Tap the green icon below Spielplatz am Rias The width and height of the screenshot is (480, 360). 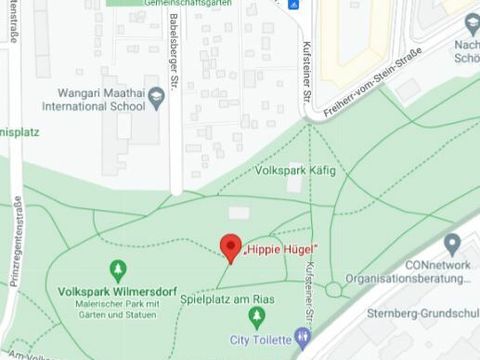click(257, 316)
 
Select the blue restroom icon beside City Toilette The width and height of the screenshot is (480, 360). click(303, 338)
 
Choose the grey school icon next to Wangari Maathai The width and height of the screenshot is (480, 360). click(155, 97)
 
